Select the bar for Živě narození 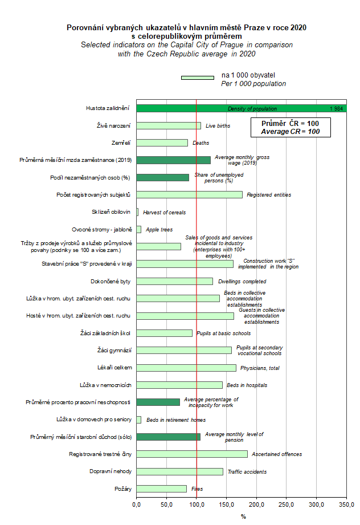pos(169,125)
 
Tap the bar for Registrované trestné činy pos(192,454)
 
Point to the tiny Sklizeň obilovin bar pos(137,212)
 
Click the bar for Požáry pos(161,489)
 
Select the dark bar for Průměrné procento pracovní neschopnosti pos(158,402)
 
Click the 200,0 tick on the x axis pos(256,504)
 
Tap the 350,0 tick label pos(346,504)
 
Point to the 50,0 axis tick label pos(166,504)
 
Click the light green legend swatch pos(197,78)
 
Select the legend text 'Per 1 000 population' pos(253,84)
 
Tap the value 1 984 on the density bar pos(336,108)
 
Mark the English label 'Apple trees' pos(160,230)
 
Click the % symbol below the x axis pos(243,516)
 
